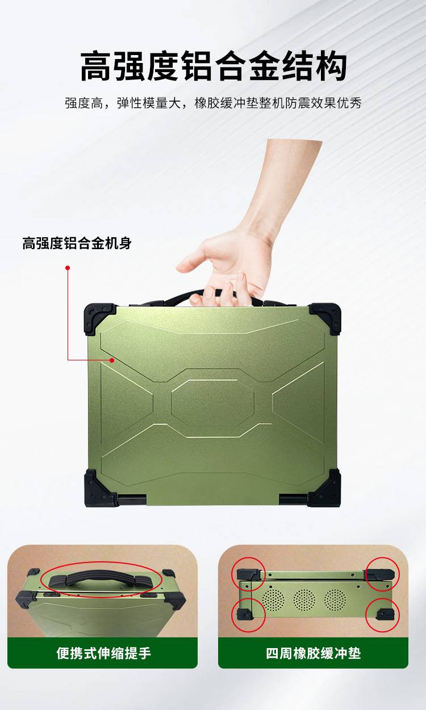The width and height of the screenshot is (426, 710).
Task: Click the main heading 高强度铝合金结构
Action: [x=213, y=66]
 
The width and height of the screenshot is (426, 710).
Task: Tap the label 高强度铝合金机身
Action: [x=77, y=243]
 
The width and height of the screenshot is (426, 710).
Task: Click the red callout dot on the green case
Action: [x=112, y=360]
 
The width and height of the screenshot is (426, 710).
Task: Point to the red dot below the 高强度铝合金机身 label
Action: [x=67, y=268]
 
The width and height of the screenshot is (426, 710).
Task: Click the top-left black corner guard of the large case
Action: [x=99, y=318]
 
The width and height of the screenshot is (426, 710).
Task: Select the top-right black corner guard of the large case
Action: [x=325, y=318]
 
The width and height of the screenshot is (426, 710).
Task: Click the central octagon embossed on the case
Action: [x=212, y=402]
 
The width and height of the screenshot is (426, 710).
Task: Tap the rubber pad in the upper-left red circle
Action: [x=249, y=574]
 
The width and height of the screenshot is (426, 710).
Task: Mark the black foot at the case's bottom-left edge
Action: [x=132, y=499]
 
